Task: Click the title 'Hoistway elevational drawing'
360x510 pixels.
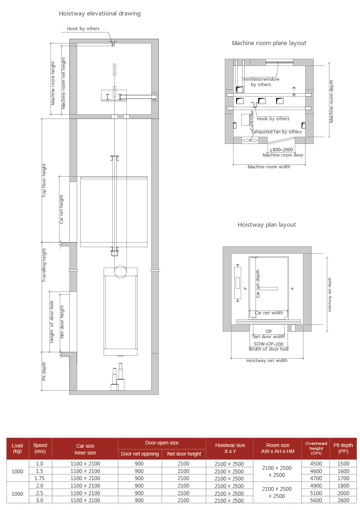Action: (x=100, y=14)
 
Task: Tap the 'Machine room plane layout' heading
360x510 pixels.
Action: (x=269, y=43)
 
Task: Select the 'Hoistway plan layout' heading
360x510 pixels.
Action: (x=267, y=225)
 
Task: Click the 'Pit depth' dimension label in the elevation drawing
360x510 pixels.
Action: (x=44, y=371)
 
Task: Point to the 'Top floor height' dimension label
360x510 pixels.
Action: (x=44, y=180)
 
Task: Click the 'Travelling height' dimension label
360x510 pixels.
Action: (x=44, y=265)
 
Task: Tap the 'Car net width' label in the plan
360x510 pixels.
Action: (x=269, y=313)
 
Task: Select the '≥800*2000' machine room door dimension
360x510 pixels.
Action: (x=281, y=150)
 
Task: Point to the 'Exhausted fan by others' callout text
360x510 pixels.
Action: (x=277, y=132)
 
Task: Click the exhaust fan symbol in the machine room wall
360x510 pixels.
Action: (x=250, y=140)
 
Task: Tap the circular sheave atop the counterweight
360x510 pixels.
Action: (x=120, y=272)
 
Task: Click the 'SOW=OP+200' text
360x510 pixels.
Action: (x=269, y=344)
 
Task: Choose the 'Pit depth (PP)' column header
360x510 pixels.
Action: (x=343, y=448)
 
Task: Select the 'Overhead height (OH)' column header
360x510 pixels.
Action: (x=316, y=448)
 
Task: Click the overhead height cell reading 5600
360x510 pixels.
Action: (x=316, y=500)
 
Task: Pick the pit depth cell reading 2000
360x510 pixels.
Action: (x=343, y=493)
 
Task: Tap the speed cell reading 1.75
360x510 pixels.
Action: (x=40, y=478)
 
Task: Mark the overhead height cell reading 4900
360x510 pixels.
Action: (x=316, y=486)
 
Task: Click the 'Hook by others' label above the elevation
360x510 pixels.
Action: (x=83, y=29)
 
